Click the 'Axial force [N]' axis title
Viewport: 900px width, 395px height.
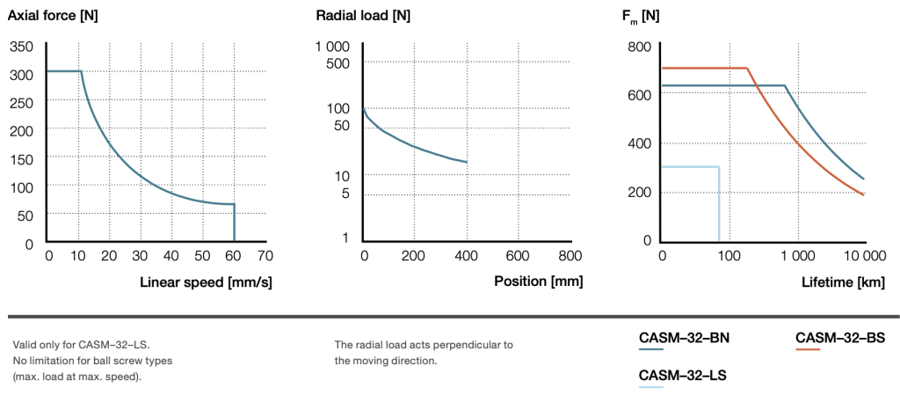coord(52,15)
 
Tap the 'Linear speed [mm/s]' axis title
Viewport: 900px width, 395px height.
coord(206,282)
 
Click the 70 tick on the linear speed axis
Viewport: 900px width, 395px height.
coord(265,256)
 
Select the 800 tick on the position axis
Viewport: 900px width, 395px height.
coord(570,256)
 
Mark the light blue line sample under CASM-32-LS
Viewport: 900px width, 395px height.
coord(651,387)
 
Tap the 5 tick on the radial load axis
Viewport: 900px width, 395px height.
coord(345,194)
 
